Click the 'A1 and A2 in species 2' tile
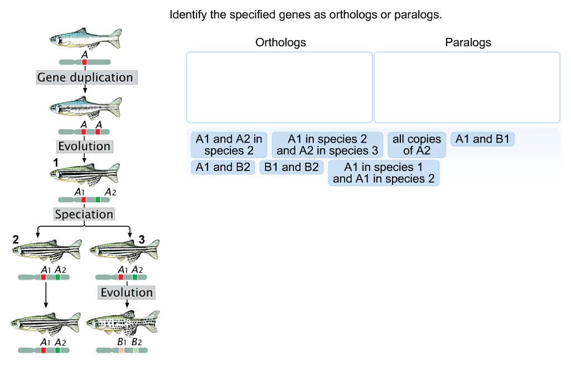coord(229,145)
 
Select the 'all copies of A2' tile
coord(417,145)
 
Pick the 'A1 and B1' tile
coord(482,139)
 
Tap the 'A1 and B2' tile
coord(222,167)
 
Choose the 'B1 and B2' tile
coord(292,167)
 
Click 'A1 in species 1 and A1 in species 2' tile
coord(384,173)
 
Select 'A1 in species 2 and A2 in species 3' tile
coord(327,145)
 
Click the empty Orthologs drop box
coord(279,87)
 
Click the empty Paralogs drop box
coord(467,87)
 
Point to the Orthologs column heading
coord(280,42)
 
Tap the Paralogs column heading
coord(468,42)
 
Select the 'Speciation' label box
coord(84,214)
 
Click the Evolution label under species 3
coord(127,292)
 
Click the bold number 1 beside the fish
coord(55,162)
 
